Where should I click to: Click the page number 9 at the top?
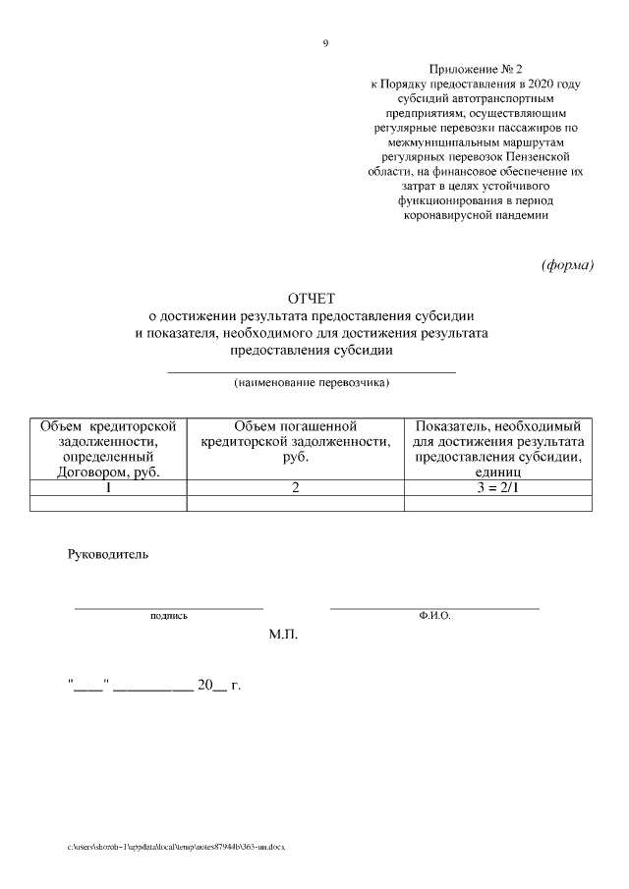pos(325,43)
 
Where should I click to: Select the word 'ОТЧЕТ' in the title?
pos(312,298)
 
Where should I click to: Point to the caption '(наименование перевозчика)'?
pos(312,382)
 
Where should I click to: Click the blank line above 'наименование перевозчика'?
pos(312,372)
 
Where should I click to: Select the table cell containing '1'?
pos(108,487)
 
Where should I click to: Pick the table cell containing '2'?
pos(295,487)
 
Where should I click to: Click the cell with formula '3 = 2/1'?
pos(498,487)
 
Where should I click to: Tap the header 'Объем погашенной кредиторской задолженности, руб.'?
pos(295,442)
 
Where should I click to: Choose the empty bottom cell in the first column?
pos(108,503)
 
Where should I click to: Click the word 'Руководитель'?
pos(108,555)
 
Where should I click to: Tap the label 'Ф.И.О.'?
pos(433,616)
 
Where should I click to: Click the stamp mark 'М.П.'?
pos(283,637)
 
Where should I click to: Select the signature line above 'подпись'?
pos(168,609)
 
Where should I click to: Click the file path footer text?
pos(176,846)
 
